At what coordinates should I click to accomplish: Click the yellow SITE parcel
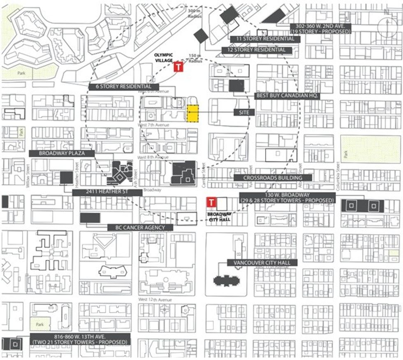point(192,114)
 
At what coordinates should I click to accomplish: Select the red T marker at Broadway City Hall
point(211,202)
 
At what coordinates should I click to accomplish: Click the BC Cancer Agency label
point(140,227)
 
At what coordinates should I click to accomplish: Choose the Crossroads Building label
point(273,178)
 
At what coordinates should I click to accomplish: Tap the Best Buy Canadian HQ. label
point(288,95)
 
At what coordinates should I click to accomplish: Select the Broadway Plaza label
point(62,153)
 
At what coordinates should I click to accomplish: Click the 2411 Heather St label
point(107,192)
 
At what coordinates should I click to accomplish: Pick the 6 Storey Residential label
point(124,86)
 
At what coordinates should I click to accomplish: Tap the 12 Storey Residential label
point(257,50)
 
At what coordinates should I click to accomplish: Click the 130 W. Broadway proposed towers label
point(287,197)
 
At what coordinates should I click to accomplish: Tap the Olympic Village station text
point(164,58)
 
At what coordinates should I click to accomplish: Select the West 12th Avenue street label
point(155,300)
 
